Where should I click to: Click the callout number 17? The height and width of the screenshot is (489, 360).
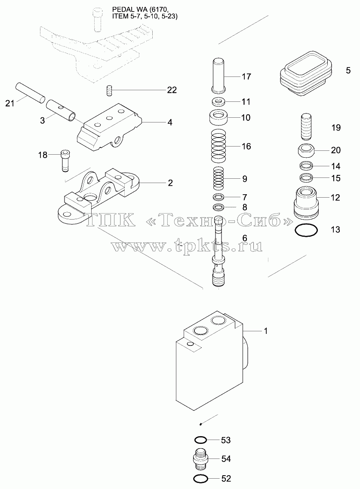click(246, 76)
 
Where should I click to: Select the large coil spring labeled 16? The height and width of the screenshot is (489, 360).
click(218, 146)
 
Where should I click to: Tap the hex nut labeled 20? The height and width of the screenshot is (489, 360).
click(306, 151)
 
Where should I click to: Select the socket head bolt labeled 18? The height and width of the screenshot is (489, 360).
click(65, 161)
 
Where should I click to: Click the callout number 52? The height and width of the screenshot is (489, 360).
click(226, 478)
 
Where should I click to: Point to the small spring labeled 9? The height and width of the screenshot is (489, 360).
click(218, 178)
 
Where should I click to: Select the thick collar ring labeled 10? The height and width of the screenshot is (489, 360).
click(218, 118)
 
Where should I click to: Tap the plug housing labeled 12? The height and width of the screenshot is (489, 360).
click(306, 203)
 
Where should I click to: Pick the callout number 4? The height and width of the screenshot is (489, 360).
click(170, 122)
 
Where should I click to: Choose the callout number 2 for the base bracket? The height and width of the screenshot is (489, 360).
click(170, 183)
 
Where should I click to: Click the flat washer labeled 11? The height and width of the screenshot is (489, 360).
click(218, 101)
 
